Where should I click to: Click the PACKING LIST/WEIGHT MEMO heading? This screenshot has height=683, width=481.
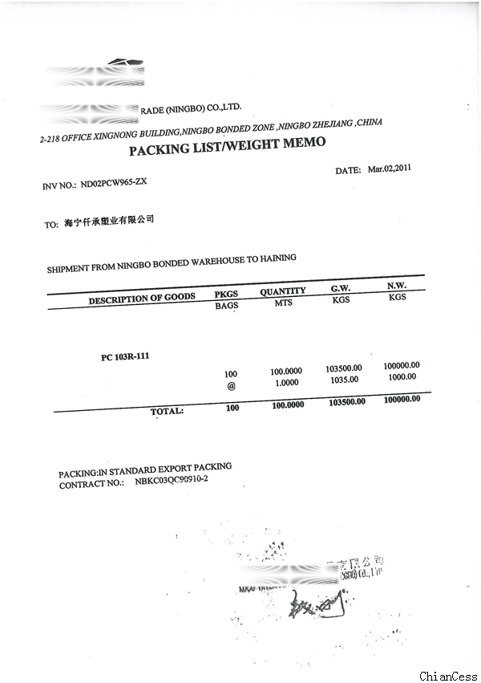228,147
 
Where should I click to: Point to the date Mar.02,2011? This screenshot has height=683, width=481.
389,169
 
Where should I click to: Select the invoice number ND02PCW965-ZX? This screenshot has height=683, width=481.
114,183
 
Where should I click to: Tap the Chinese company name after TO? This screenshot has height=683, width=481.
108,221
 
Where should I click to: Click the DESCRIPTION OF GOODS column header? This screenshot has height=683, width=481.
142,298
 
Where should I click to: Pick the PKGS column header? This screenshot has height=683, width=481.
227,294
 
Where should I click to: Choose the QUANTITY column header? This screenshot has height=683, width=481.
282,291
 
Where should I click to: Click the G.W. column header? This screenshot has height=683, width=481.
341,288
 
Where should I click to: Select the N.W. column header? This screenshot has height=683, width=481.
397,286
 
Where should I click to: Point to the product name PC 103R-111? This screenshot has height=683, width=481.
125,356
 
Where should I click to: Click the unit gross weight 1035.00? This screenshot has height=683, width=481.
345,380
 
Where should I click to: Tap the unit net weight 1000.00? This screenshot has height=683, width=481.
402,376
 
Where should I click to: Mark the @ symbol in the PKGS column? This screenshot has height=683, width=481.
232,385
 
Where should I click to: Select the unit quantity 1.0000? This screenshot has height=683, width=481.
285,383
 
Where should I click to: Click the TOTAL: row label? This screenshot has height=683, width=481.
167,411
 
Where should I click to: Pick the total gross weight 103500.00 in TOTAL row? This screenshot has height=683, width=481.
347,402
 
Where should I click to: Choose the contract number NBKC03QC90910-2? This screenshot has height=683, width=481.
172,479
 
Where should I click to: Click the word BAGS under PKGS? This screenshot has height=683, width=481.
227,306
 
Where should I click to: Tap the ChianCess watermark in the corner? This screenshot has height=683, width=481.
448,677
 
